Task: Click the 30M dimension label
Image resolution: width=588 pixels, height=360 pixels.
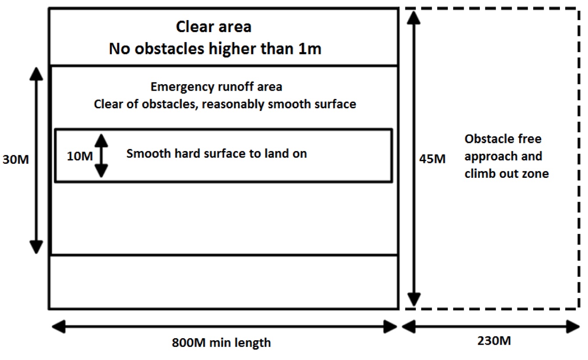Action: (15, 159)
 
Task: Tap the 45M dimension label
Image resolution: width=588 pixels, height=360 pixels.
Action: (432, 159)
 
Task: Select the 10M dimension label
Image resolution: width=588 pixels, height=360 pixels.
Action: (80, 155)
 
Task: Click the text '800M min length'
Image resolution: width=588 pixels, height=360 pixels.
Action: (221, 342)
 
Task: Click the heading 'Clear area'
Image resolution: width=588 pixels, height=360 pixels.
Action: (214, 27)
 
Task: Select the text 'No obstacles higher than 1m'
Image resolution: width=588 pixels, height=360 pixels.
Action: (215, 49)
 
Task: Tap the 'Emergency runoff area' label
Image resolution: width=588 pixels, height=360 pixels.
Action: (216, 87)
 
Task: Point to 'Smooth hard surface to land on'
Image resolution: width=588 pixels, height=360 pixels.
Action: (216, 153)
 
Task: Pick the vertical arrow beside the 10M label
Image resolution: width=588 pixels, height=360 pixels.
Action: (101, 155)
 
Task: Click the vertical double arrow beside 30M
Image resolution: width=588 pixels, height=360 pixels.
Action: (37, 160)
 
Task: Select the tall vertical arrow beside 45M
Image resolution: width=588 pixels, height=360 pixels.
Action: (414, 159)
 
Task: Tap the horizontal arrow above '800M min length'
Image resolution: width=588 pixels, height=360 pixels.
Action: (223, 326)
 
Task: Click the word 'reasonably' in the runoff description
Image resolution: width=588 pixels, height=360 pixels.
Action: (248, 105)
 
